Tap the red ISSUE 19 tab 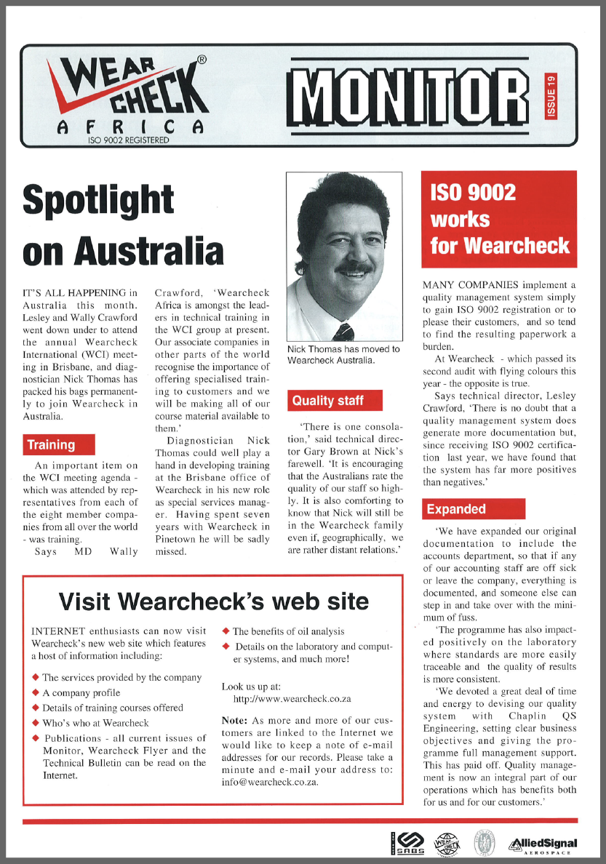[551, 97]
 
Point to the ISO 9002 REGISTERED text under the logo [127, 140]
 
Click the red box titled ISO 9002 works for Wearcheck [499, 219]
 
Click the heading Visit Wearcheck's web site [213, 601]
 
